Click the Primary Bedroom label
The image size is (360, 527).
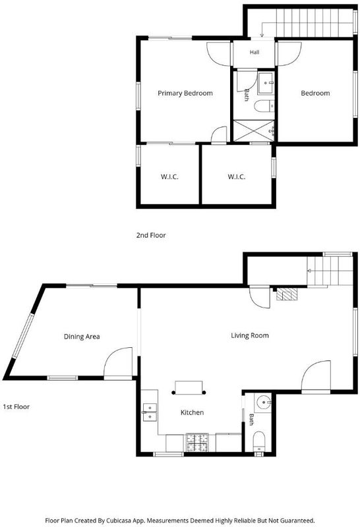click(185, 93)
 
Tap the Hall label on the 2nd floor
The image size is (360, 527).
click(255, 52)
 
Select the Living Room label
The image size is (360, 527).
click(250, 335)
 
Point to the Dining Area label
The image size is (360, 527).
click(82, 337)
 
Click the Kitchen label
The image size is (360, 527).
click(192, 412)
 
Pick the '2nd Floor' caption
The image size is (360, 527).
click(151, 235)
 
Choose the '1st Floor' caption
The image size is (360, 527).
click(16, 406)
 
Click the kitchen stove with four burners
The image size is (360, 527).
click(198, 442)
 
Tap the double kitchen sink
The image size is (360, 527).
click(150, 412)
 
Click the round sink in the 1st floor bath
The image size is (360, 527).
click(263, 402)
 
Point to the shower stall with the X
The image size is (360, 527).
click(254, 130)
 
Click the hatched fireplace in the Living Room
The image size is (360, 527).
click(287, 294)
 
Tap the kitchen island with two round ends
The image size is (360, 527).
click(189, 387)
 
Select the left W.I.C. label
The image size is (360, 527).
click(169, 177)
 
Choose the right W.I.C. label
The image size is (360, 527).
click(237, 177)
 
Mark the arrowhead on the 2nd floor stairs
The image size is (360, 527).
click(262, 36)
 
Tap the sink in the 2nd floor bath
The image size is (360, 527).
click(266, 83)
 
